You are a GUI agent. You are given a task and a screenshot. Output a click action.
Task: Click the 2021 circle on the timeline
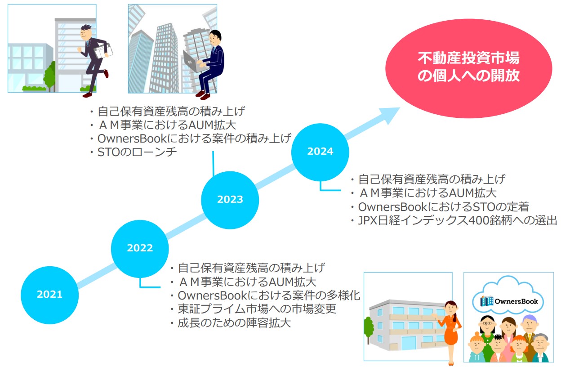click(x=49, y=295)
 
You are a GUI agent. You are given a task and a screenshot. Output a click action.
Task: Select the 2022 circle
click(x=140, y=249)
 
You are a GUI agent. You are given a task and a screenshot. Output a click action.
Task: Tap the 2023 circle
click(x=230, y=200)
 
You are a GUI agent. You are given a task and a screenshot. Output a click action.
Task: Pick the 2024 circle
click(x=320, y=152)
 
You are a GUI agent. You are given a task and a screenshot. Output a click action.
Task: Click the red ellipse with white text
click(x=468, y=68)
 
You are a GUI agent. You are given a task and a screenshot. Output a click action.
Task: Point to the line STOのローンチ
click(x=134, y=152)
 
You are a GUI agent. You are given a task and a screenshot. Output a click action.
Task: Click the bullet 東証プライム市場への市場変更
click(x=254, y=309)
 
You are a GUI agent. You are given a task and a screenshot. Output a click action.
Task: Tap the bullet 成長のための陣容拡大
click(x=231, y=322)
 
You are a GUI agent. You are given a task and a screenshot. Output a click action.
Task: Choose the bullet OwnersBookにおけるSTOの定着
click(x=440, y=207)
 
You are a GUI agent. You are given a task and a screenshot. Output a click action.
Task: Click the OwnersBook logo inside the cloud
click(x=509, y=301)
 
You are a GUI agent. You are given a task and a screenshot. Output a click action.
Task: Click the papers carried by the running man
click(x=103, y=51)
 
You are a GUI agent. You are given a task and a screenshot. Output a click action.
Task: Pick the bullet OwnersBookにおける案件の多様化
click(x=266, y=295)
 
